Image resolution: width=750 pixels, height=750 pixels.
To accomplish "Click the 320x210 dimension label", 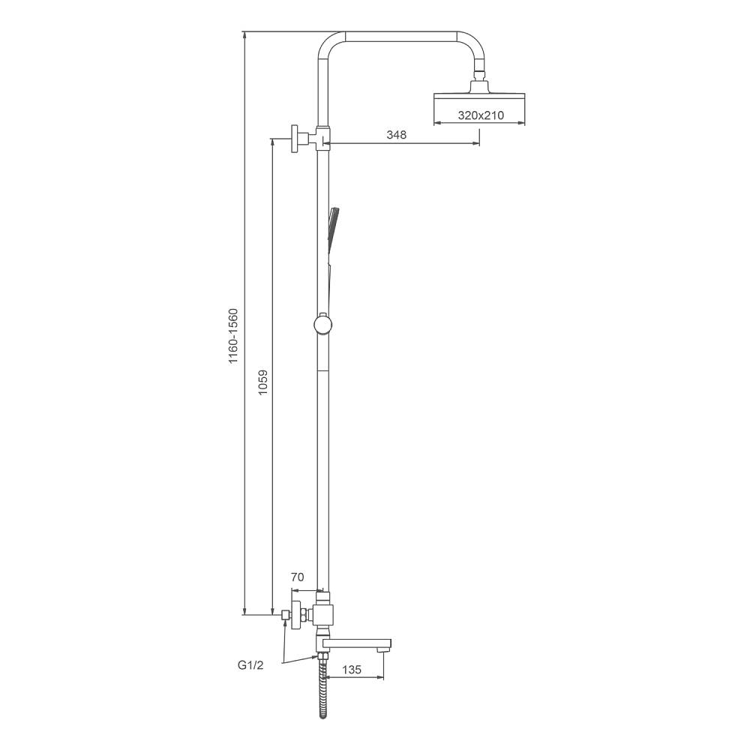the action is click(481, 115).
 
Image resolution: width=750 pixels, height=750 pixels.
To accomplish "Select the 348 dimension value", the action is click(397, 135).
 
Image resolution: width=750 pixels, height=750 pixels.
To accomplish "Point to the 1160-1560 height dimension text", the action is click(233, 336).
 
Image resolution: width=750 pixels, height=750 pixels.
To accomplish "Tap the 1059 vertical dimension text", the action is click(262, 382).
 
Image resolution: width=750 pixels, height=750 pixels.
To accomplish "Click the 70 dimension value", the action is click(298, 577).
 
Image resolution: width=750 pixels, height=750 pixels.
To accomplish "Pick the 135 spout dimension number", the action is click(352, 670).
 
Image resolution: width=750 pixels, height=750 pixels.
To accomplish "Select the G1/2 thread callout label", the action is click(250, 665).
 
